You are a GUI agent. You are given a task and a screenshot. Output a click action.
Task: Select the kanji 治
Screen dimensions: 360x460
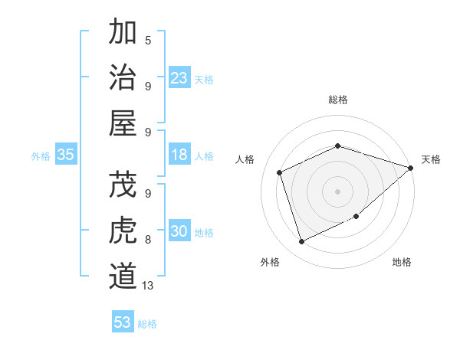[123, 77]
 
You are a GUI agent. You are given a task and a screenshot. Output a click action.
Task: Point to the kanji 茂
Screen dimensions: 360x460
[123, 185]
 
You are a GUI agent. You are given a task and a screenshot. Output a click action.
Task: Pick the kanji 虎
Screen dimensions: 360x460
[123, 231]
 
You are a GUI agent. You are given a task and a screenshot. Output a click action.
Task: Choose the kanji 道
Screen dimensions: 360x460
[123, 276]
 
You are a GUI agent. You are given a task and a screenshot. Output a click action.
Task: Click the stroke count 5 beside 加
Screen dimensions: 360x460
[148, 40]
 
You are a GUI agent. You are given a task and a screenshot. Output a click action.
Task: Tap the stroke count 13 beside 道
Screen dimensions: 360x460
[149, 285]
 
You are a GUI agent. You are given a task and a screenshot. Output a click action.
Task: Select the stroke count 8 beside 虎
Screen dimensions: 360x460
[148, 240]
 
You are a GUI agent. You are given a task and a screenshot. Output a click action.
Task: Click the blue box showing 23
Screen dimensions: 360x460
[179, 78]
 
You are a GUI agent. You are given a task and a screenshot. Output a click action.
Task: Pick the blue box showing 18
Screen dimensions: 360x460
[179, 155]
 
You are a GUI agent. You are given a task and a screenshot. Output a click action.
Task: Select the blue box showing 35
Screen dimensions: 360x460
[65, 155]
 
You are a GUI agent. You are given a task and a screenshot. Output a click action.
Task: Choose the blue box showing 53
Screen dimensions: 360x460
[123, 322]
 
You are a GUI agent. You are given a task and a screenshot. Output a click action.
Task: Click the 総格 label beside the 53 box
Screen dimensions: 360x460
[147, 324]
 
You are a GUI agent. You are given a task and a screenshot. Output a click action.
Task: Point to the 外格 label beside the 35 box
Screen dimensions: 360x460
[41, 156]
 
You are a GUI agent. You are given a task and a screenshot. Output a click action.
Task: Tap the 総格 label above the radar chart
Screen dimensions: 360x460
[337, 100]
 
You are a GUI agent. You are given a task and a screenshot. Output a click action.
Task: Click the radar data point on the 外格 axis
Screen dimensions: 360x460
[301, 242]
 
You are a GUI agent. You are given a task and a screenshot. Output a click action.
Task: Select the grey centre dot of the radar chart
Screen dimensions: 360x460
[337, 191]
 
